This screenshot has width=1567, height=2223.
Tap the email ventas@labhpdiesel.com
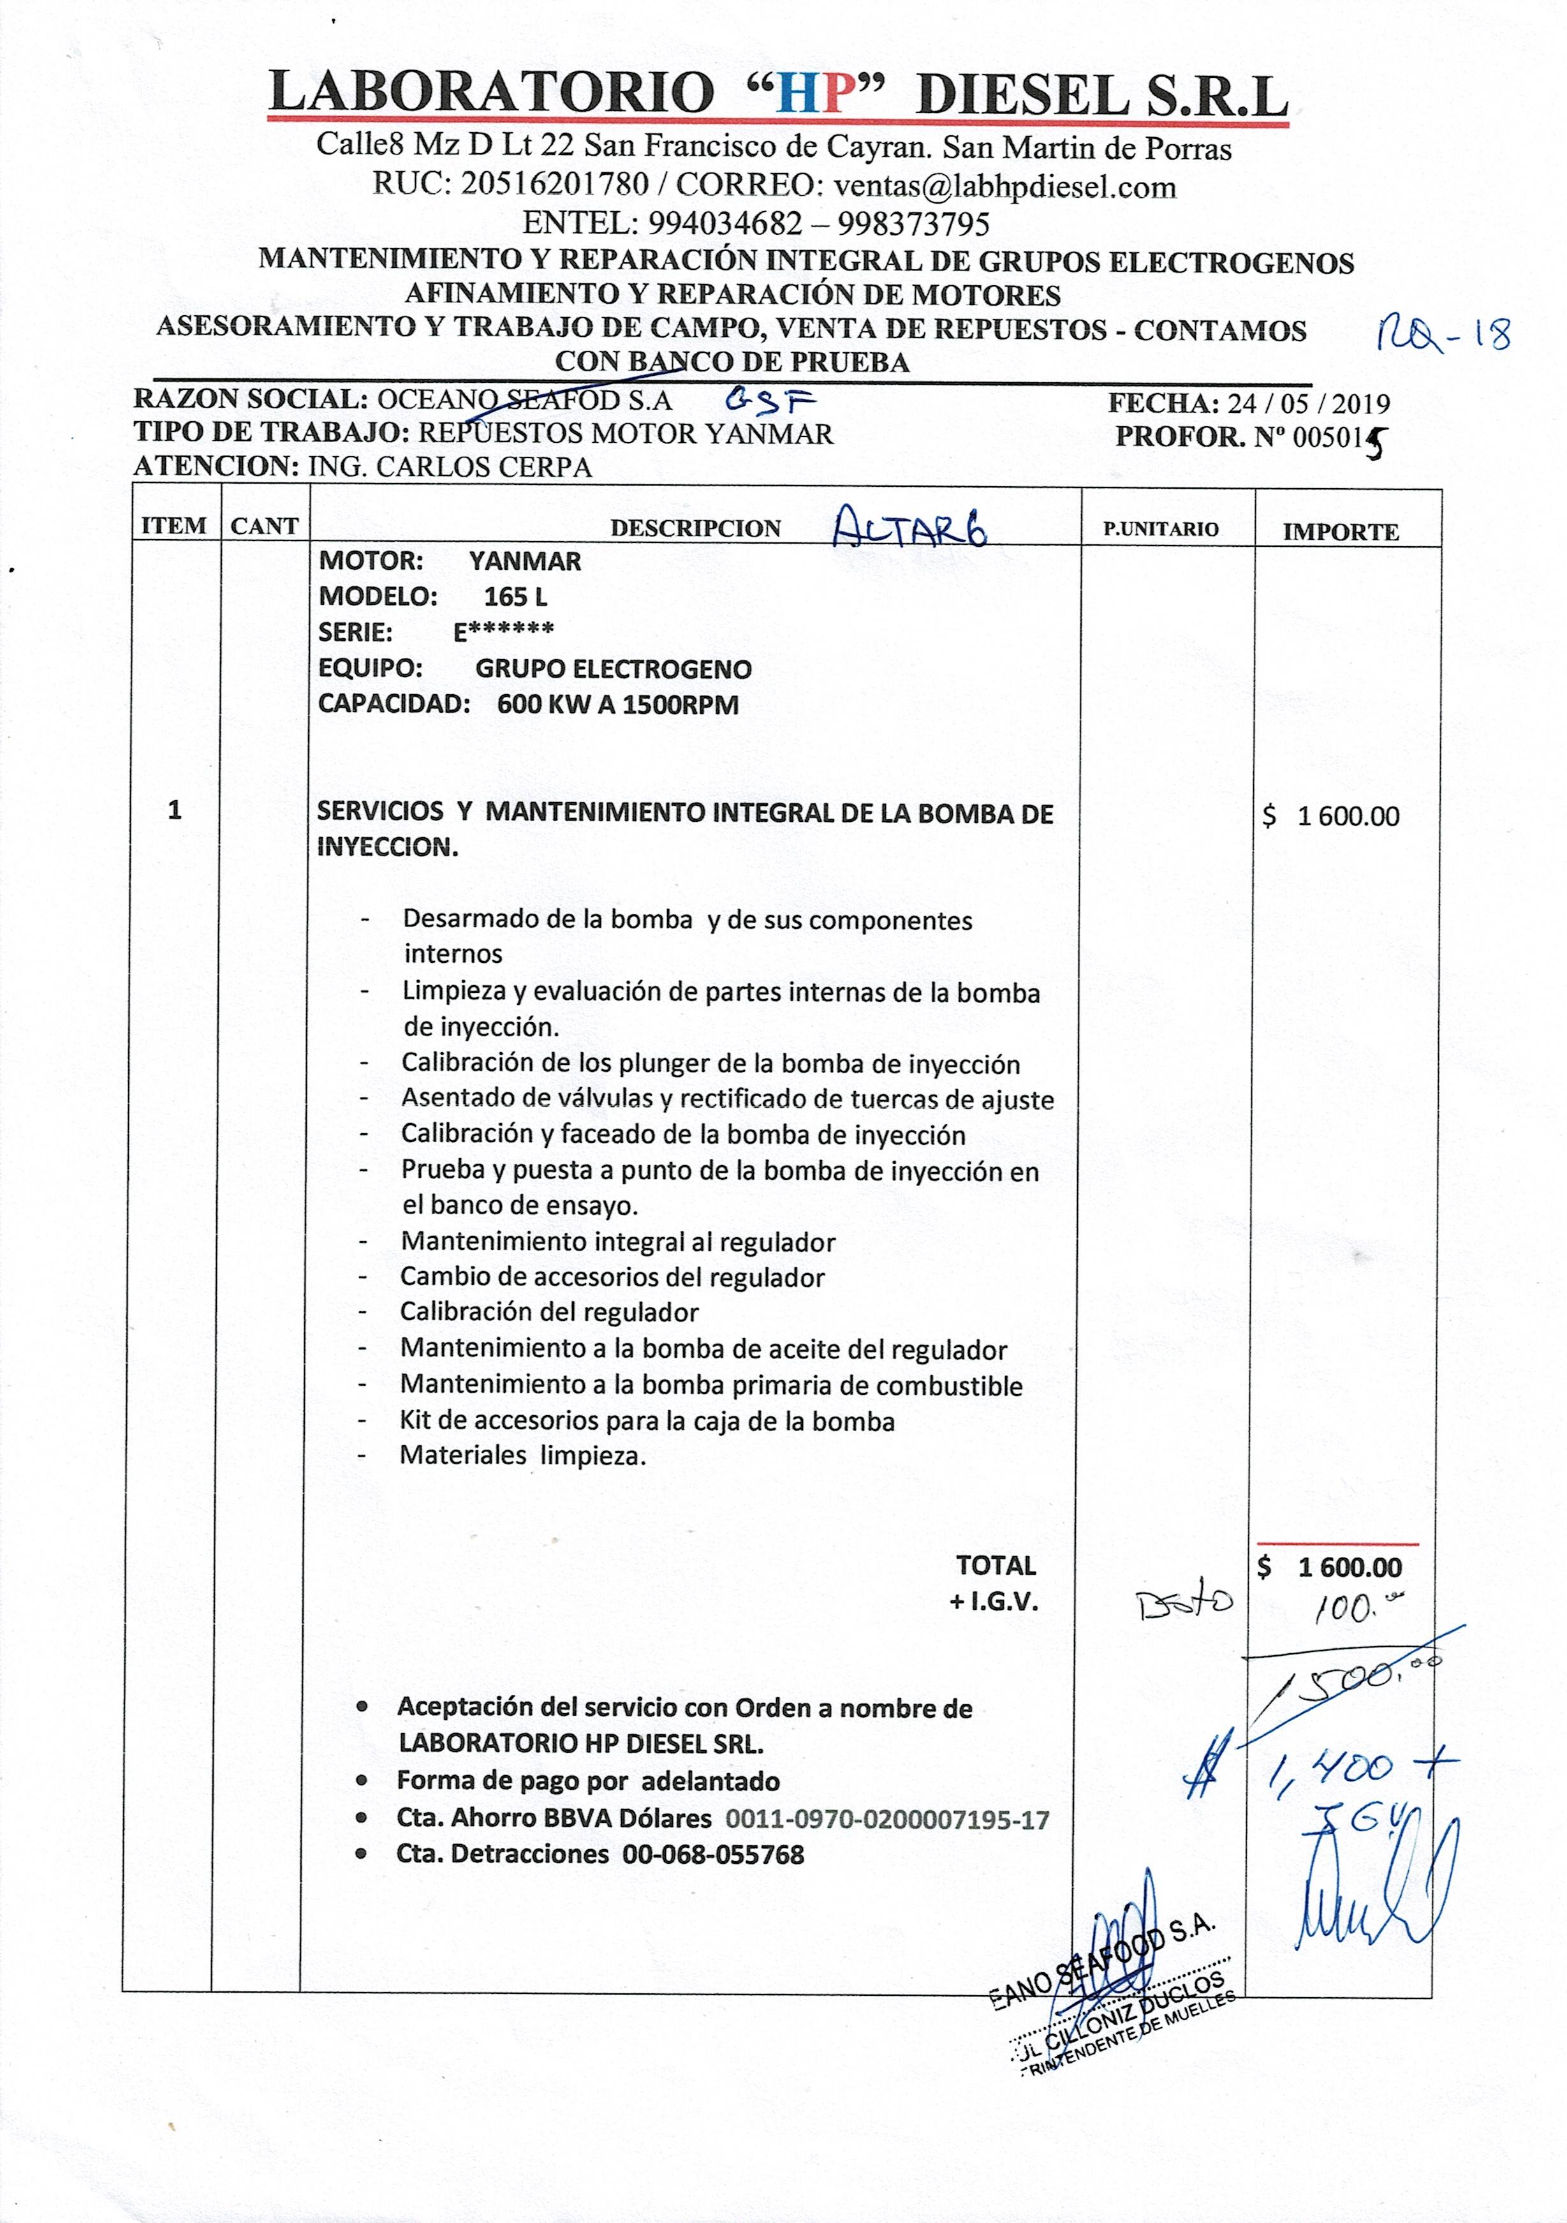pos(1004,185)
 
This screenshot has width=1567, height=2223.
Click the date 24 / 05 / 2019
pos(1307,404)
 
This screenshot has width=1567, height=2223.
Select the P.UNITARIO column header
pos(1161,530)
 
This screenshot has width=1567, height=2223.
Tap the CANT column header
pos(264,526)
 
